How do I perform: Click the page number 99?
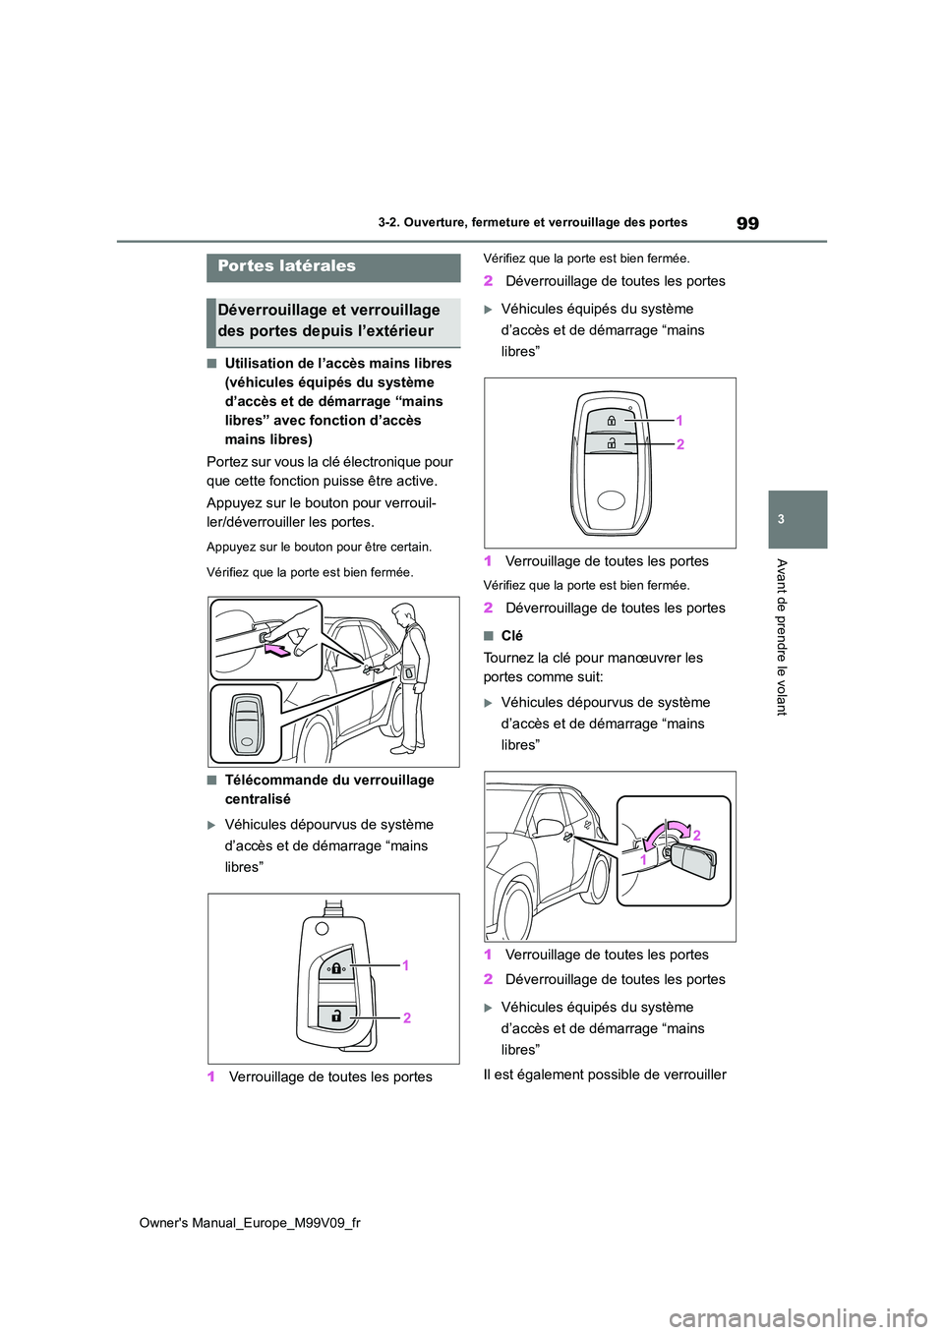point(747,223)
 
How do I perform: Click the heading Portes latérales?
point(287,266)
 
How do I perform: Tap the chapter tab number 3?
point(781,519)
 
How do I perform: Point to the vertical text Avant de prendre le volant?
point(782,636)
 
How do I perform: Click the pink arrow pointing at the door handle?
point(278,650)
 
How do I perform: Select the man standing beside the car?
point(406,678)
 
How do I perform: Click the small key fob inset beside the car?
point(246,724)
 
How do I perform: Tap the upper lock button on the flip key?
point(336,966)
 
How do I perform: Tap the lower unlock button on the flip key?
point(336,1016)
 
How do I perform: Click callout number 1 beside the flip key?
point(405,965)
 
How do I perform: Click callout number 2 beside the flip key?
point(406,1017)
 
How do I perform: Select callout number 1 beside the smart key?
point(678,420)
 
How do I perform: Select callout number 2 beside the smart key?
point(679,444)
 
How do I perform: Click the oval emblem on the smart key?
point(611,500)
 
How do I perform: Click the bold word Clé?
point(511,636)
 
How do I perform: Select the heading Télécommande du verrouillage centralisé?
point(328,789)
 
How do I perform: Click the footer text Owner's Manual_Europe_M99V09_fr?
point(250,1223)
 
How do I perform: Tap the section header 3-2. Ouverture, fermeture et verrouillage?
point(532,223)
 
